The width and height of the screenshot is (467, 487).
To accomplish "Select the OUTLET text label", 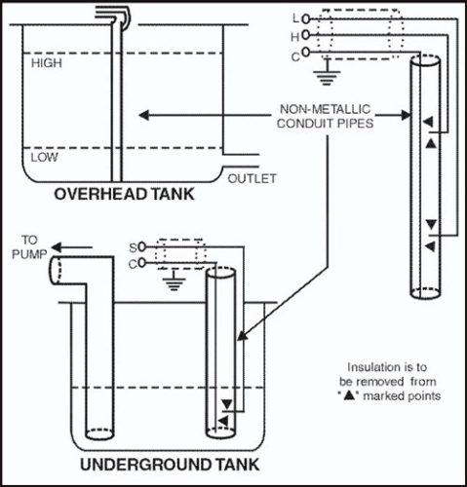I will click(253, 178).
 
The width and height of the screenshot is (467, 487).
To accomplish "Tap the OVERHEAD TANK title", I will click(124, 194).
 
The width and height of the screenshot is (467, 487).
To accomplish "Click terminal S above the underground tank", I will click(133, 246).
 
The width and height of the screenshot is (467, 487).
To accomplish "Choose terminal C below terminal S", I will click(133, 263).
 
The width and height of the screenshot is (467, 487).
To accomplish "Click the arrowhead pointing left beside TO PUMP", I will click(55, 247).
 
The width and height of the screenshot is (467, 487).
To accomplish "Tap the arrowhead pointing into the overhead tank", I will click(142, 116).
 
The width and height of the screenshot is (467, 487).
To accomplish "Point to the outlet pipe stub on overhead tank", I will click(241, 160).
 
